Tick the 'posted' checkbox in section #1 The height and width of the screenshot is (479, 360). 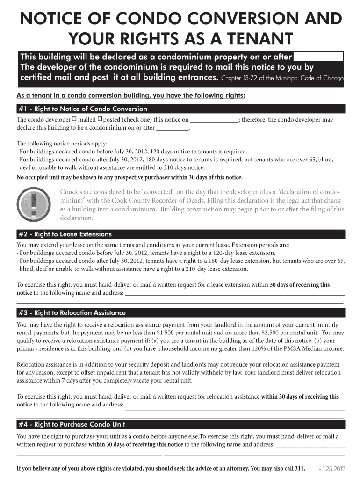click(100, 119)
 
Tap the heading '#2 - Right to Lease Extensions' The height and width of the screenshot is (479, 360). click(65, 234)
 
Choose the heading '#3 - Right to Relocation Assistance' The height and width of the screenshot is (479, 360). click(72, 313)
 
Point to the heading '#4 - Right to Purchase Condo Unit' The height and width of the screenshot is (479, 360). click(72, 425)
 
